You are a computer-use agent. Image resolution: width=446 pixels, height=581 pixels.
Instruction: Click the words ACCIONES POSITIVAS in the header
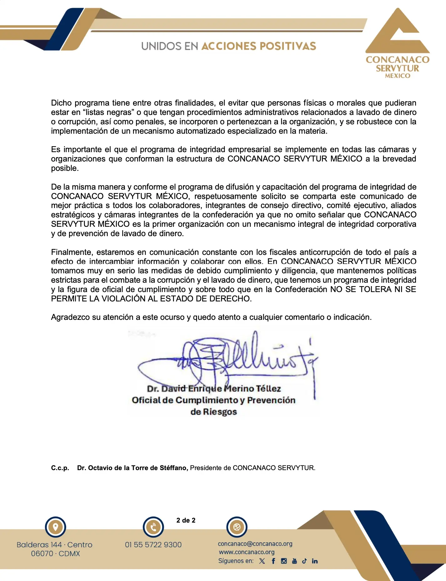point(259,46)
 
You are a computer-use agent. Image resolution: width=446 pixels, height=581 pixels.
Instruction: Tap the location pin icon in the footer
point(56,527)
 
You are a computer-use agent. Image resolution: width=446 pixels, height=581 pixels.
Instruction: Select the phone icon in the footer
point(153,528)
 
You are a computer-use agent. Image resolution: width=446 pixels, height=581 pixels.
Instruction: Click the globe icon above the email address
point(237,527)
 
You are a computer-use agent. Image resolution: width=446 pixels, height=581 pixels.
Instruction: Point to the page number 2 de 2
point(186,520)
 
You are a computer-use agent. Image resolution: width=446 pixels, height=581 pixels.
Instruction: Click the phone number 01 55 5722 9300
point(153,545)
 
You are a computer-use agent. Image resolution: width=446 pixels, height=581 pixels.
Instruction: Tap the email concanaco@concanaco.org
point(255,544)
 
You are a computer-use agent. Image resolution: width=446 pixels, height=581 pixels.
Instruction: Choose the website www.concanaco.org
point(247,552)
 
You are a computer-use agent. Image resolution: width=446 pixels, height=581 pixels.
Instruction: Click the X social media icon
point(262,561)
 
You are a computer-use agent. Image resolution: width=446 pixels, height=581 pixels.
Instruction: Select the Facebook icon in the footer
point(273,561)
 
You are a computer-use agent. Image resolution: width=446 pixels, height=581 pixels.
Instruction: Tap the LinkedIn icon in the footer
point(315,561)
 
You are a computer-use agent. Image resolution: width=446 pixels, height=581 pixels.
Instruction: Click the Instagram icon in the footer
point(284,561)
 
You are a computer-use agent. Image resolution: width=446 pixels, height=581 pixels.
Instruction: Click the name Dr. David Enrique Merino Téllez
point(214,389)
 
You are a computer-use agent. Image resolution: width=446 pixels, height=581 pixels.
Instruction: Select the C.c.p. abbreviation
point(60,468)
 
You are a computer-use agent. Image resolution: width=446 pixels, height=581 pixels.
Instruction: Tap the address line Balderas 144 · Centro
point(54,545)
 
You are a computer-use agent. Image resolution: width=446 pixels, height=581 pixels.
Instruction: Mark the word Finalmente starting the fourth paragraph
point(72,252)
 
